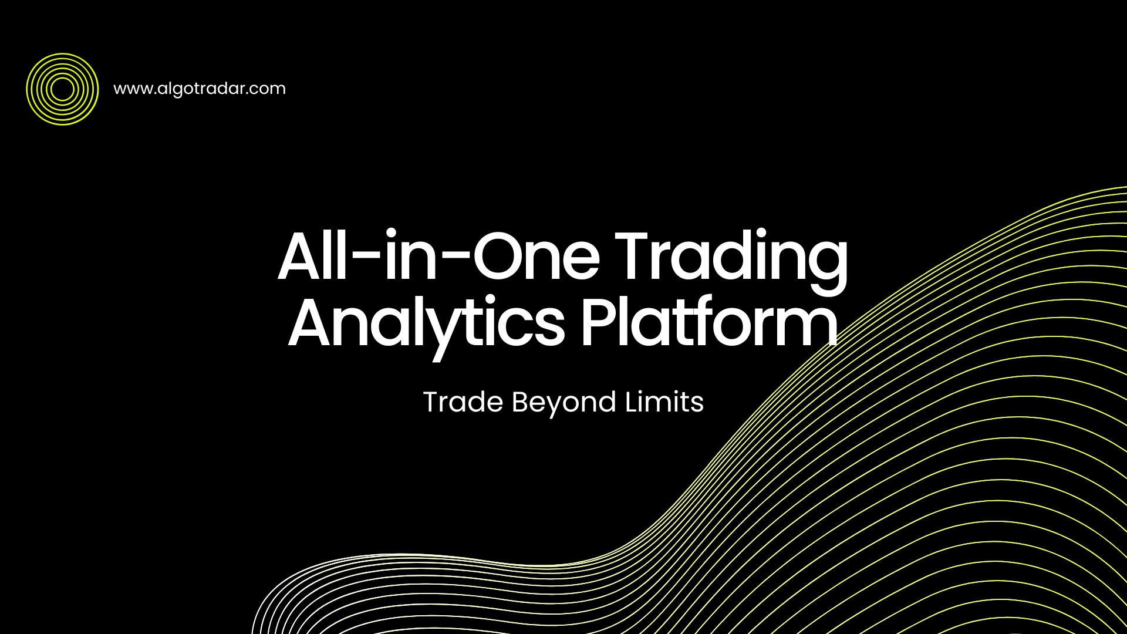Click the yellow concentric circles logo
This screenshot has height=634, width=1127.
coord(62,89)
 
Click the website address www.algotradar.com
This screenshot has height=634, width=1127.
coord(200,89)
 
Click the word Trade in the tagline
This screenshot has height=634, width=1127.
coord(463,402)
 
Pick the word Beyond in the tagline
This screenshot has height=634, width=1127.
coord(564,403)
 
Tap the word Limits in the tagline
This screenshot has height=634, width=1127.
coord(664,402)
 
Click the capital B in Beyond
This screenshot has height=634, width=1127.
coord(521,402)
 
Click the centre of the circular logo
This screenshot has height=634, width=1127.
coord(62,89)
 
